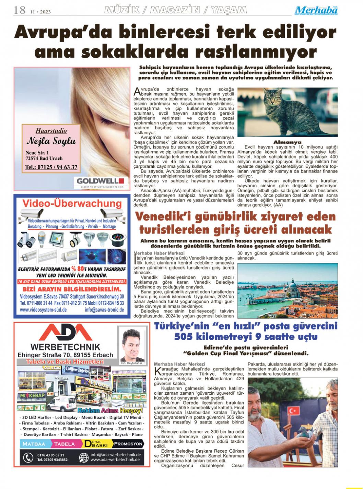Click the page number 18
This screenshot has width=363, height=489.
click(19, 10)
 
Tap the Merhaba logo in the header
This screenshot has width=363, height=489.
click(316, 11)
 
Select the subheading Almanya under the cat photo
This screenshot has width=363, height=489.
click(287, 142)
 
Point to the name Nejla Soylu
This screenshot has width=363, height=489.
click(51, 141)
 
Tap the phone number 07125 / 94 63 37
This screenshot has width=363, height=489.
click(51, 167)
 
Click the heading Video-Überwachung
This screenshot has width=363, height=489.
click(72, 203)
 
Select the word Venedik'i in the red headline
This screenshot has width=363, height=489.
click(160, 217)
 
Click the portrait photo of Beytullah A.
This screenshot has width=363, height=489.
click(131, 345)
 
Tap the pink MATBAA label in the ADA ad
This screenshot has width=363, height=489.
click(34, 444)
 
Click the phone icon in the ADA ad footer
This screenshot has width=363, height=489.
click(28, 457)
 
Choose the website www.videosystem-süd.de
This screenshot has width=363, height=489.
click(43, 310)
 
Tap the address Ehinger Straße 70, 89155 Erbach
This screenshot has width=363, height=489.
click(65, 355)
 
